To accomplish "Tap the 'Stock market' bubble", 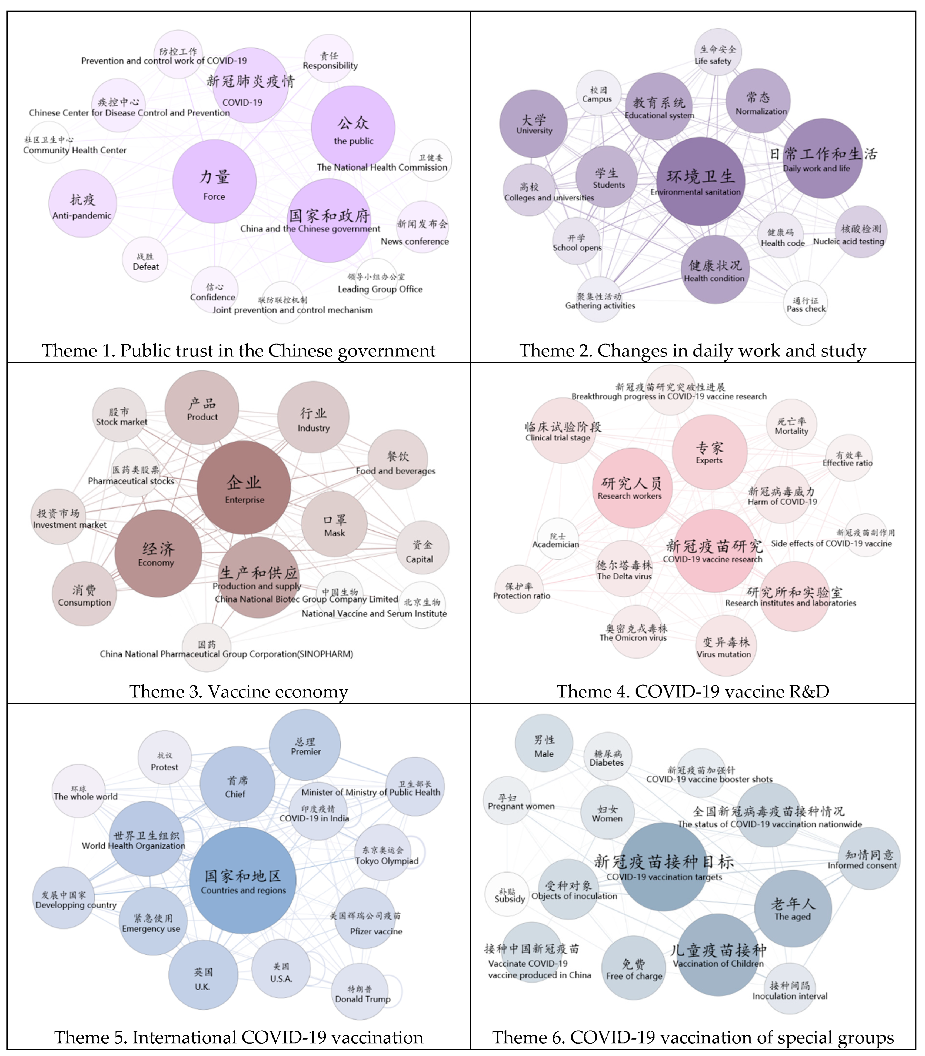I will coord(120,415).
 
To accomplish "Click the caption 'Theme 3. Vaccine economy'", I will coord(238,691).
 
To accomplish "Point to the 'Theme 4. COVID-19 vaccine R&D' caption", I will coord(693,691).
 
